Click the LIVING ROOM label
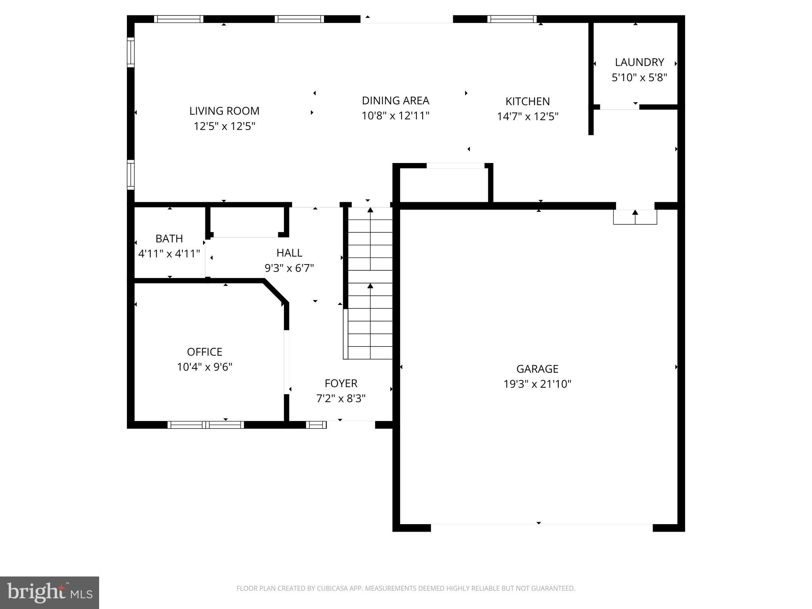click(224, 111)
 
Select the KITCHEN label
click(527, 101)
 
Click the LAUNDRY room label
click(639, 62)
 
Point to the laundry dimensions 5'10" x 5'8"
click(639, 78)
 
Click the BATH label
click(169, 239)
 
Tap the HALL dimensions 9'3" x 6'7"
click(289, 268)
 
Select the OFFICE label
click(204, 352)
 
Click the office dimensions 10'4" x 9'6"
click(204, 367)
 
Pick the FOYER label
click(341, 383)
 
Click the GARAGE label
click(537, 369)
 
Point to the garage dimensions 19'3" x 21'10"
click(537, 384)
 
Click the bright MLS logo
click(50, 592)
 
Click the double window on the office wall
click(205, 425)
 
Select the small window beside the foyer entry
click(316, 425)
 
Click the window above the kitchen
click(511, 19)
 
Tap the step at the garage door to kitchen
click(635, 217)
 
